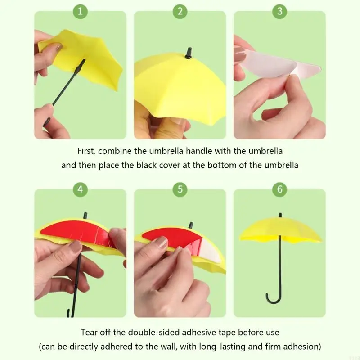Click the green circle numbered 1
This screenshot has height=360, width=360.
point(80,11)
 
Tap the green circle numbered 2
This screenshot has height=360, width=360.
point(180,11)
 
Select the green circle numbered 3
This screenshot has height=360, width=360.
point(279,11)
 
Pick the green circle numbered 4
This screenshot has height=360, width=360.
point(80,189)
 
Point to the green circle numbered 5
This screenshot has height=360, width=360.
point(180,189)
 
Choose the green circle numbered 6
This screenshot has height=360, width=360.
point(279,189)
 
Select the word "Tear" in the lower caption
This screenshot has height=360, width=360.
point(90,333)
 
